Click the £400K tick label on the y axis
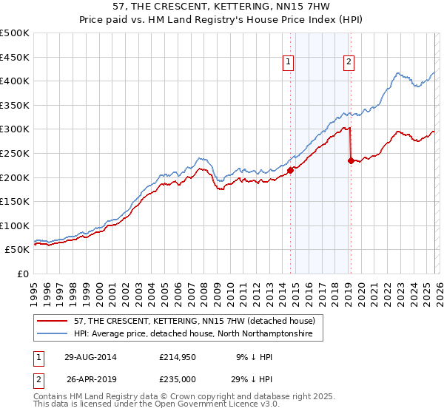point(15,81)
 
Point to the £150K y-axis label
point(15,201)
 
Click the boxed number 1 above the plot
point(288,63)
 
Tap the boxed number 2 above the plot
point(348,63)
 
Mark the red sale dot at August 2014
point(290,170)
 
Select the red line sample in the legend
point(53,321)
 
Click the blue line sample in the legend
point(53,334)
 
